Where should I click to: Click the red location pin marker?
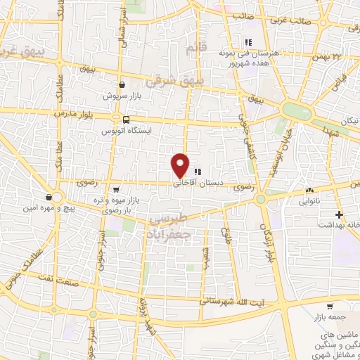181,165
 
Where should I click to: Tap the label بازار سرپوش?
122,95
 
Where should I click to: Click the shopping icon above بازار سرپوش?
122,84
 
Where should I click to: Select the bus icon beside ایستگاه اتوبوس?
126,120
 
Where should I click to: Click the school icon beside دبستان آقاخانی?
198,171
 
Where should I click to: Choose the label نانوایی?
310,201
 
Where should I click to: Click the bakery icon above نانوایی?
309,190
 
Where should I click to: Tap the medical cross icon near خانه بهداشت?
339,214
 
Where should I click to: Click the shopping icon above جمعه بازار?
329,307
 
